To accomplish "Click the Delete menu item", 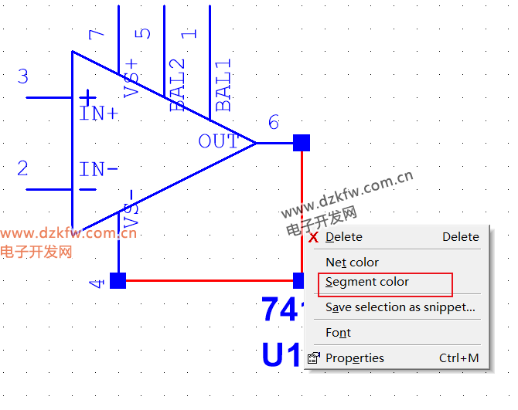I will tap(344, 237).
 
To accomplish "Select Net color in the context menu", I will tap(352, 263).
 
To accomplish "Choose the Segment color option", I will tap(367, 283).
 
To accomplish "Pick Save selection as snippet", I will tap(400, 307).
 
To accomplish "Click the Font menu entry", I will tap(338, 333).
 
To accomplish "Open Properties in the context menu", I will tap(354, 358).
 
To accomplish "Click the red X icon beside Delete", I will tap(313, 238).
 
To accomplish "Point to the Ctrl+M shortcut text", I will tap(458, 358).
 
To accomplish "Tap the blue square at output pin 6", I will tap(302, 143).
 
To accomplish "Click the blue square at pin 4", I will tap(118, 280).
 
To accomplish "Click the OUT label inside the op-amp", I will tap(218, 141).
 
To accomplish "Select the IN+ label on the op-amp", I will tap(99, 114).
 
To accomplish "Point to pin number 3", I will tap(23, 76).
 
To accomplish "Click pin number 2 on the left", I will tap(23, 168).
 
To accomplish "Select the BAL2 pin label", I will tap(178, 86).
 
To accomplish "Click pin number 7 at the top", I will tap(96, 34).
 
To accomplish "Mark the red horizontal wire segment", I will tap(209, 280).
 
